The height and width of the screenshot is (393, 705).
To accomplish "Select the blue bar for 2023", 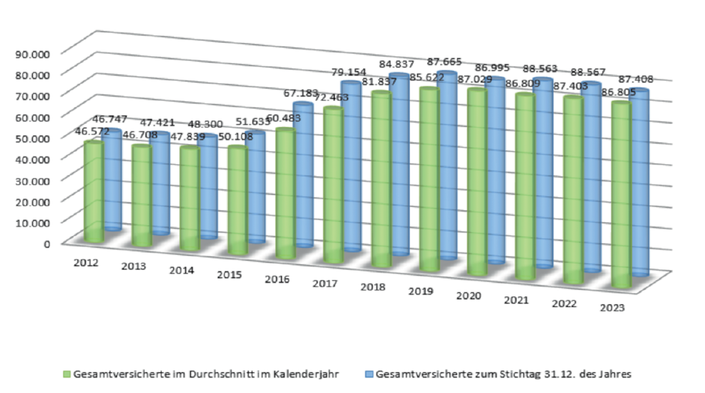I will (640, 183).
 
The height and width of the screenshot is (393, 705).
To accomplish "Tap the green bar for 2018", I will (381, 180).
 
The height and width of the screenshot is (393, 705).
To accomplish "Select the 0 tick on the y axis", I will (47, 243).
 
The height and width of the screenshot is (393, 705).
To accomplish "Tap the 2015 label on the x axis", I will (230, 274).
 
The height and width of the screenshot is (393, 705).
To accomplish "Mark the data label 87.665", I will (444, 61).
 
